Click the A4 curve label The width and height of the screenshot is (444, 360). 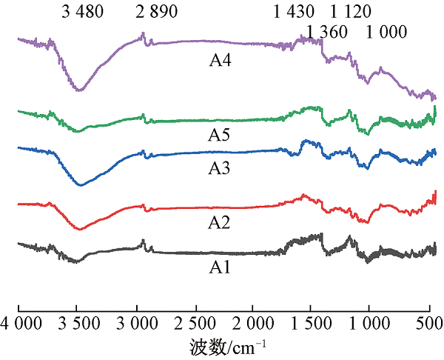point(221,61)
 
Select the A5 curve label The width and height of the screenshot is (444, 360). point(221,135)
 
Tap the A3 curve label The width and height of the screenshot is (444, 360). point(221,168)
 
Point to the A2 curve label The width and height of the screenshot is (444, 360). point(221,223)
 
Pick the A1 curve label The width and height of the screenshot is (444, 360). point(221,266)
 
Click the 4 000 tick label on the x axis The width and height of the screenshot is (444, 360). point(19,323)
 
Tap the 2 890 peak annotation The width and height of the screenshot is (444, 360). point(155,11)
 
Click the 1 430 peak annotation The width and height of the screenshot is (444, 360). point(293,11)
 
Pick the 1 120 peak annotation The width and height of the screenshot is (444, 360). point(350,11)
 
